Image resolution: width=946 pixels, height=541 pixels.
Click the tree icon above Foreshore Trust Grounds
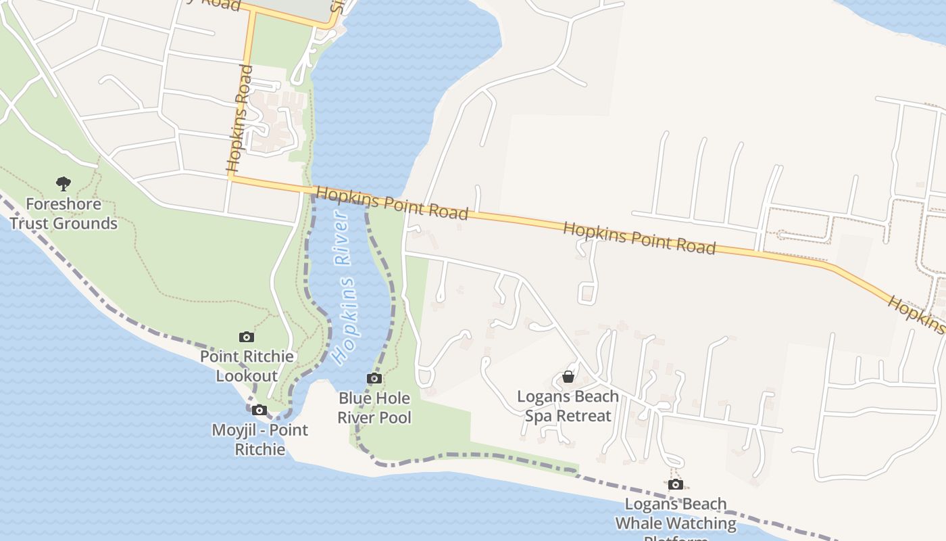tap(64, 183)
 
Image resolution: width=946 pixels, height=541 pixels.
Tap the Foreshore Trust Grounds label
tap(64, 214)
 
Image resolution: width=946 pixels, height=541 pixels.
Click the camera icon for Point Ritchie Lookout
tap(247, 337)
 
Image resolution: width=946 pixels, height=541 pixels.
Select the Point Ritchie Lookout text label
tap(247, 366)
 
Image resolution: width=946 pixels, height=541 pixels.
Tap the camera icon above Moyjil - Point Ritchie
tap(259, 410)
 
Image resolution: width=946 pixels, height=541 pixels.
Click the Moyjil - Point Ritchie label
tap(259, 439)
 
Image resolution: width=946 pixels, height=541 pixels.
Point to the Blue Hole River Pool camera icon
tap(374, 379)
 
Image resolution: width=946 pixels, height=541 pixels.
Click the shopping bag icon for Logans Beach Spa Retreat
tap(568, 377)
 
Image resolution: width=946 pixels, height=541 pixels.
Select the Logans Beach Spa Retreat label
tap(568, 406)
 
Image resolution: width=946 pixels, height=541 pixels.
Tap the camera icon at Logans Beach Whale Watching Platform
tap(675, 484)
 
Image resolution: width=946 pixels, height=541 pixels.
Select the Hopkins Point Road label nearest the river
tap(392, 203)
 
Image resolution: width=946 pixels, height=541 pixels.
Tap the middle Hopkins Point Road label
tap(639, 238)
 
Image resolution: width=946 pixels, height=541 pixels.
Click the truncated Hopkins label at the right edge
tap(918, 314)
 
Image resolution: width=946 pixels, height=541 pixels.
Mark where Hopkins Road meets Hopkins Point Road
tap(232, 178)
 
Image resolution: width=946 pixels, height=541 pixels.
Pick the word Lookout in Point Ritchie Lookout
tap(247, 376)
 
